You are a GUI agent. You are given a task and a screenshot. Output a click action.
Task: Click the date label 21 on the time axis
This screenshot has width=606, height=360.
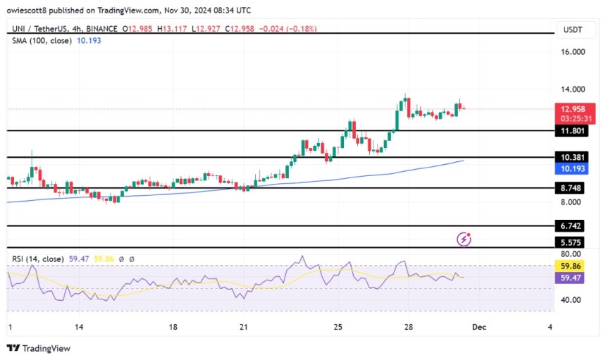(243, 327)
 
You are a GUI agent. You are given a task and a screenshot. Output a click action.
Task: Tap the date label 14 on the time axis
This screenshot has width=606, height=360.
(80, 327)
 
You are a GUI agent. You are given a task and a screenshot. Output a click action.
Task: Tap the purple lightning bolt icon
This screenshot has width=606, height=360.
(464, 240)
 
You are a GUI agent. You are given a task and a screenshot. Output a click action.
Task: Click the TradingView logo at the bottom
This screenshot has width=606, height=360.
(39, 348)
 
